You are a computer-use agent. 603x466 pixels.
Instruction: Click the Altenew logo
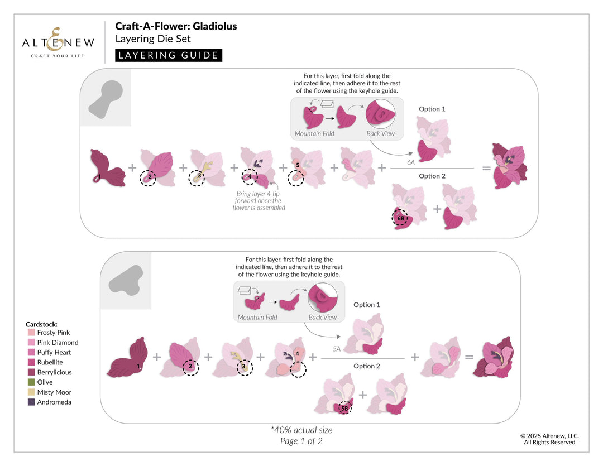tap(58, 42)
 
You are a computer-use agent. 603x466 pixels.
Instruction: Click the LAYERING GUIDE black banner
tap(169, 55)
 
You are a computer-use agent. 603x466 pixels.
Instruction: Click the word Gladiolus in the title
tap(216, 26)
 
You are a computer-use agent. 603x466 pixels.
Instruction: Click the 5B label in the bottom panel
tap(345, 408)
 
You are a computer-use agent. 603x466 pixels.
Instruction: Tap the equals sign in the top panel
tap(487, 167)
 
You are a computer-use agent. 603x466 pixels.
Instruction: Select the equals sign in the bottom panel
tap(469, 357)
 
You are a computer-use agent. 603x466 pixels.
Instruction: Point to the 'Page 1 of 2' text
tap(301, 441)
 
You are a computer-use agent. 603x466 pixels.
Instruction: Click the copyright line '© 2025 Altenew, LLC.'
tap(549, 436)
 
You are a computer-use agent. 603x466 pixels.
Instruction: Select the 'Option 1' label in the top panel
tap(432, 109)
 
